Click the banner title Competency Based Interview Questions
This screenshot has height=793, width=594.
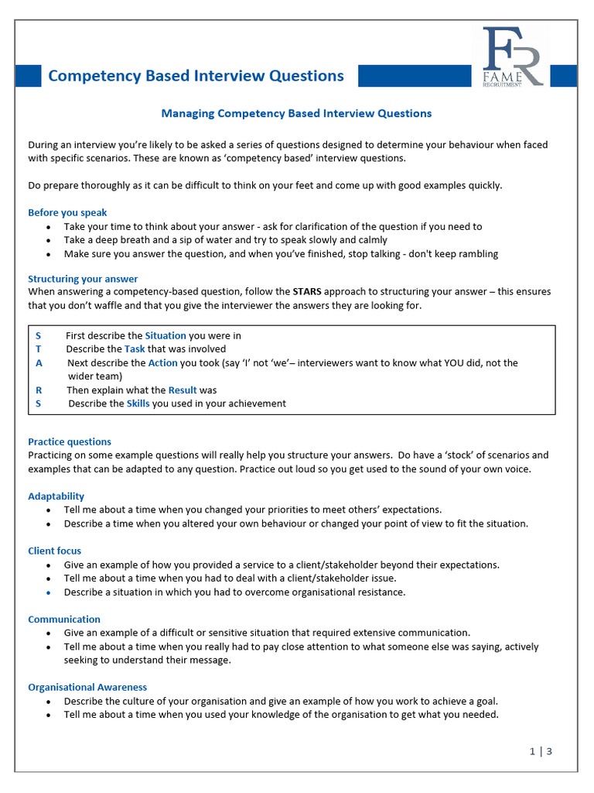point(196,75)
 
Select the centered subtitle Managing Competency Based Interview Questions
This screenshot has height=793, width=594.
point(296,113)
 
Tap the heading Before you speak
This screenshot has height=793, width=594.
point(67,212)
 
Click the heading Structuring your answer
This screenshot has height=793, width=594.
point(83,279)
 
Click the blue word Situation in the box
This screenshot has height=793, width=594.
point(166,335)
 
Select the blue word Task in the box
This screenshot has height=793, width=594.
point(135,349)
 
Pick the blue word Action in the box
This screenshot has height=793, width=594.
point(162,362)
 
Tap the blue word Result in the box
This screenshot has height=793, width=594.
point(183,390)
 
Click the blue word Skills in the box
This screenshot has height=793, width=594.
point(138,403)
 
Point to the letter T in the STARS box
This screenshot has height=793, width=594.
point(39,349)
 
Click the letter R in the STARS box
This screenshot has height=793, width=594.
point(39,390)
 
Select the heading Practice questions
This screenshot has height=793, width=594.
point(70,441)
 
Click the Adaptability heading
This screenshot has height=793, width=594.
point(56,496)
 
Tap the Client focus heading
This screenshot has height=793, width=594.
point(54,551)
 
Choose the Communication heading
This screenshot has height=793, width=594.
point(64,619)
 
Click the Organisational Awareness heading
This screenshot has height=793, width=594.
point(87,687)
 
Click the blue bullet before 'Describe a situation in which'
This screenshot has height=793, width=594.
point(49,592)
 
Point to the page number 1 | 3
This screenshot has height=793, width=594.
point(541,750)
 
